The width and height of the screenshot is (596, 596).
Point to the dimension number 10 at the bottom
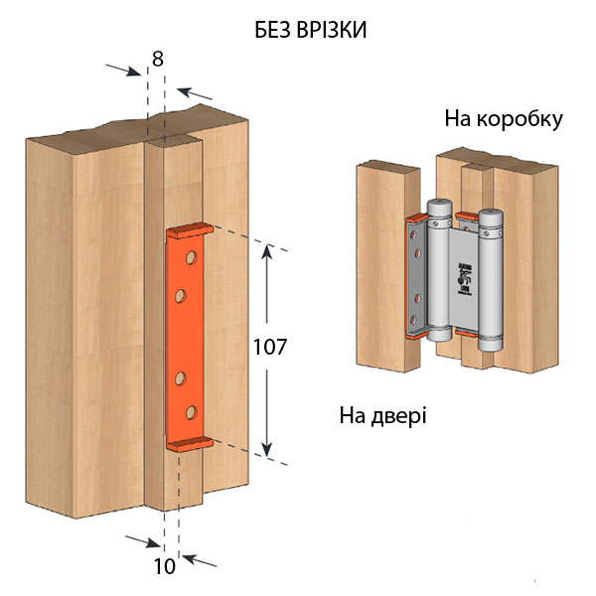pos(164,567)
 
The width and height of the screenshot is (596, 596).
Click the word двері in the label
pos(399,413)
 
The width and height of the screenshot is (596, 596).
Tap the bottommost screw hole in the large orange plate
pos(185,410)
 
